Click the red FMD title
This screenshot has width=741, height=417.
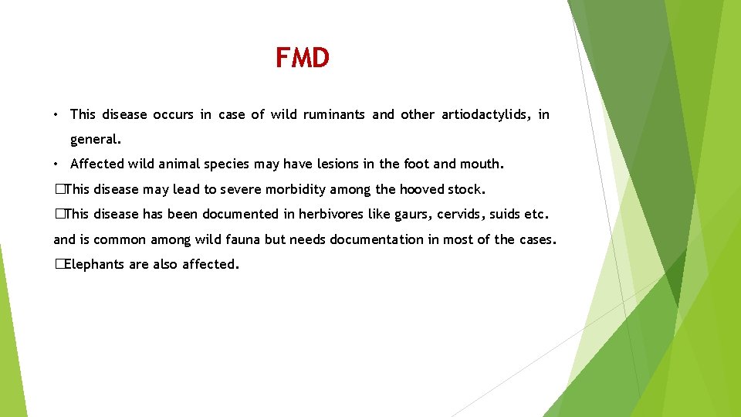click(303, 58)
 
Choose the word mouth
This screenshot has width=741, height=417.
click(482, 164)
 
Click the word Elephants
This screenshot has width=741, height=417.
click(95, 264)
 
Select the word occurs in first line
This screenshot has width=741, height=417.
click(174, 114)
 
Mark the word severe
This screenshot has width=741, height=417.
click(239, 189)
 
